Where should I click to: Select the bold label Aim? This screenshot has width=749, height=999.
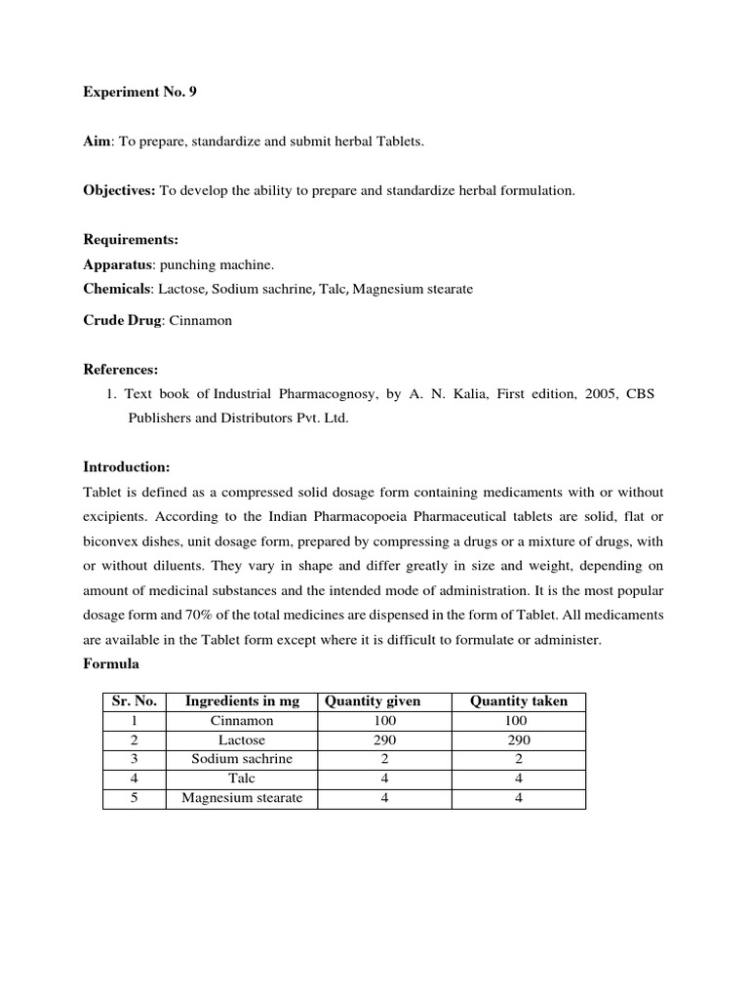97,142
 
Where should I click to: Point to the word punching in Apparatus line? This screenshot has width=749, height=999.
183,265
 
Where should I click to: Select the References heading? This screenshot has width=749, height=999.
120,370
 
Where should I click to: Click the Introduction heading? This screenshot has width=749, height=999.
127,466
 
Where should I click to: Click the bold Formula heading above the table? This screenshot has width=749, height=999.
110,663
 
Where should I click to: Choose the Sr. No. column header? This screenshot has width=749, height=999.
135,701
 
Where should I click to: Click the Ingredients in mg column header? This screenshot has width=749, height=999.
242,701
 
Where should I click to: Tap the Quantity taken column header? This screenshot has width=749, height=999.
518,701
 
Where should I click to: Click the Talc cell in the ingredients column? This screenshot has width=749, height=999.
242,779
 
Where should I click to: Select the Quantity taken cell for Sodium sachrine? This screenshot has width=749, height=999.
518,759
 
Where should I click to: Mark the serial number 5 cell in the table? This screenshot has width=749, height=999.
135,798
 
